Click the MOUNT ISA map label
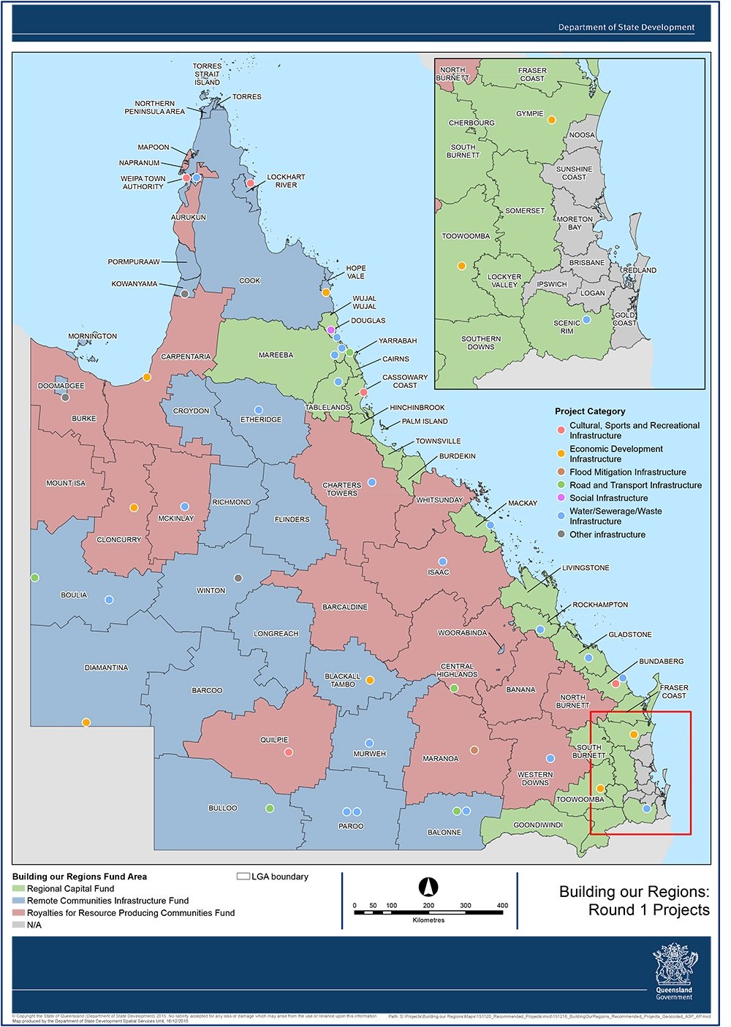point(66,483)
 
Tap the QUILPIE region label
point(274,740)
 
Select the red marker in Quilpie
point(289,752)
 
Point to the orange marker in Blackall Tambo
point(370,680)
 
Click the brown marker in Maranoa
point(474,750)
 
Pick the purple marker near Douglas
point(331,330)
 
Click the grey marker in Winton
point(238,578)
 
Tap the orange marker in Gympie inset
point(552,120)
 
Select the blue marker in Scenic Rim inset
point(586,320)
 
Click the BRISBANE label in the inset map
point(587,262)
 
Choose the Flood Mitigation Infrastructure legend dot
point(561,473)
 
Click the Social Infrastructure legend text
point(608,498)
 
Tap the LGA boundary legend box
point(243,877)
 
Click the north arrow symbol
point(428,887)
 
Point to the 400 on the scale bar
point(502,906)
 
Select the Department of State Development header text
point(626,27)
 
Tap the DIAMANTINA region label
point(106,668)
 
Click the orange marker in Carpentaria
point(147,377)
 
